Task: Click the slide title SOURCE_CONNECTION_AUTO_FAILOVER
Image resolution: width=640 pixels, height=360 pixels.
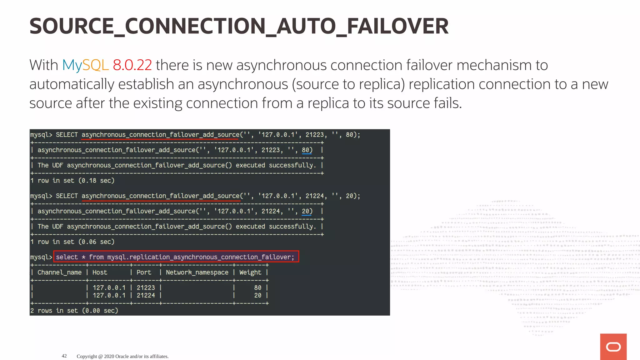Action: tap(239, 26)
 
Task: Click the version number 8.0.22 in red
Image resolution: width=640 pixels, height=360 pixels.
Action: tap(132, 65)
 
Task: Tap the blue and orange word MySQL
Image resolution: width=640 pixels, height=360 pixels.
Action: tap(85, 65)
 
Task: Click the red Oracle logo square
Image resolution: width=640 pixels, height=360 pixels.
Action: tap(613, 347)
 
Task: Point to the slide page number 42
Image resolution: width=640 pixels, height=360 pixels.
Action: tap(64, 356)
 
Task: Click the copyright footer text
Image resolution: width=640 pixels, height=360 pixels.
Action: tap(122, 356)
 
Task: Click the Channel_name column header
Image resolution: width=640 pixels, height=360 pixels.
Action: tap(59, 272)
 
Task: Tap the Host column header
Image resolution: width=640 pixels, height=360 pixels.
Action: tap(100, 272)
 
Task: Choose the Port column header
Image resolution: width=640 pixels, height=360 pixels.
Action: tap(144, 272)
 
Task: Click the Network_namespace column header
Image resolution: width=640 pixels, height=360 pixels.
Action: tap(197, 272)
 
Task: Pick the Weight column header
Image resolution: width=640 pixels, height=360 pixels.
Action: tap(250, 272)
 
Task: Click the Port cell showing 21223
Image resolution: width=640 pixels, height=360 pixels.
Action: tap(146, 287)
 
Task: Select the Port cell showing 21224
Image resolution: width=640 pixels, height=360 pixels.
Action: tap(146, 295)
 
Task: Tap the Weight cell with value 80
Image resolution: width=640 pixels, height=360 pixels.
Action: tap(257, 287)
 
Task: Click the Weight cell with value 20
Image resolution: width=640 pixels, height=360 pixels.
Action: tap(257, 295)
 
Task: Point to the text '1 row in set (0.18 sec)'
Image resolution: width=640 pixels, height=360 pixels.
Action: tap(72, 181)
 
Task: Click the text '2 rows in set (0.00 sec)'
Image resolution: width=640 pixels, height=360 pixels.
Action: tap(74, 311)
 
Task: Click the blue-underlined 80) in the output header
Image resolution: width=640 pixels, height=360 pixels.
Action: tap(307, 150)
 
